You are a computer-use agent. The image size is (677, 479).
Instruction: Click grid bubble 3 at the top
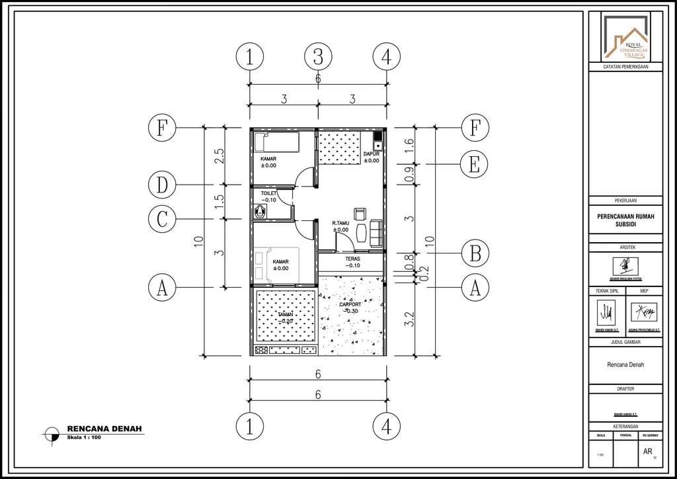[x=318, y=57]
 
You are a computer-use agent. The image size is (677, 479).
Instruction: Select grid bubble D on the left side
[x=161, y=185]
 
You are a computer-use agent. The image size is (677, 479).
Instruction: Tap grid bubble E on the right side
[x=474, y=163]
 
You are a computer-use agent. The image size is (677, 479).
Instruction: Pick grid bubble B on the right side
[x=474, y=253]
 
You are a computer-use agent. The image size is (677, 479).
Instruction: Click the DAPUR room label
[x=372, y=154]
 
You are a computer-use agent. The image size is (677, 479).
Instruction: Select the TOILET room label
[x=268, y=193]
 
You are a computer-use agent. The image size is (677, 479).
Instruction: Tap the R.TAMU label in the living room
[x=340, y=224]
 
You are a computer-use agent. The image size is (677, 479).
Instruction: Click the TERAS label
[x=352, y=259]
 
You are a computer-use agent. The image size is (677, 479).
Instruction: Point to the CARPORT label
[x=350, y=305]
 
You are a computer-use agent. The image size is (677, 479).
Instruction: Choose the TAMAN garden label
[x=286, y=314]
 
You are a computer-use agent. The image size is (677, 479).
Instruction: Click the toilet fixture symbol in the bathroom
[x=260, y=211]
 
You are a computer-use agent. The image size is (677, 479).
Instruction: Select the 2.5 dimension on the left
[x=219, y=155]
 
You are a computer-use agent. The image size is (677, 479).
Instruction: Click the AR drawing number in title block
[x=647, y=451]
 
